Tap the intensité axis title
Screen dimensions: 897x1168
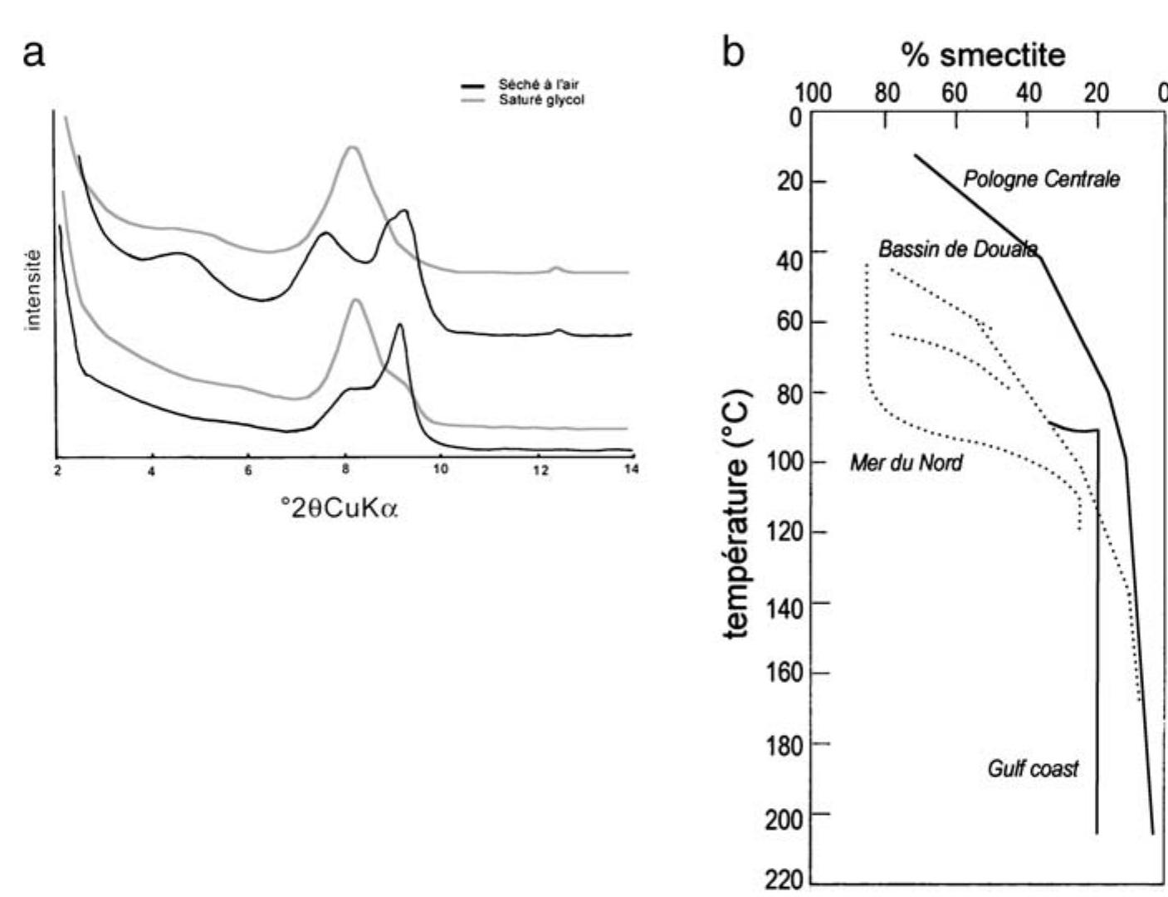pos(34,290)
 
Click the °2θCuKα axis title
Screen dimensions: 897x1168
pos(340,507)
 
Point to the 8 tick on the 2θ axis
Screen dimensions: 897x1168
pos(345,469)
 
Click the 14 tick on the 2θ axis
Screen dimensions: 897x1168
pos(632,469)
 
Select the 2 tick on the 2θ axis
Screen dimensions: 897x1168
pos(56,469)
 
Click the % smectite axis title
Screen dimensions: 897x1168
pos(983,55)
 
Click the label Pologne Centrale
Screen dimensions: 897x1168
pos(1041,179)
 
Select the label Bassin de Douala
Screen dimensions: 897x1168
pos(957,249)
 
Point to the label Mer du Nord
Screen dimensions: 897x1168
pos(906,463)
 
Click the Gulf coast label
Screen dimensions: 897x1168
pos(1033,768)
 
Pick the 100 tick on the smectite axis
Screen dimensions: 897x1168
pos(813,94)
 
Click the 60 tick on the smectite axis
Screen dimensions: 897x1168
pos(954,94)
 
